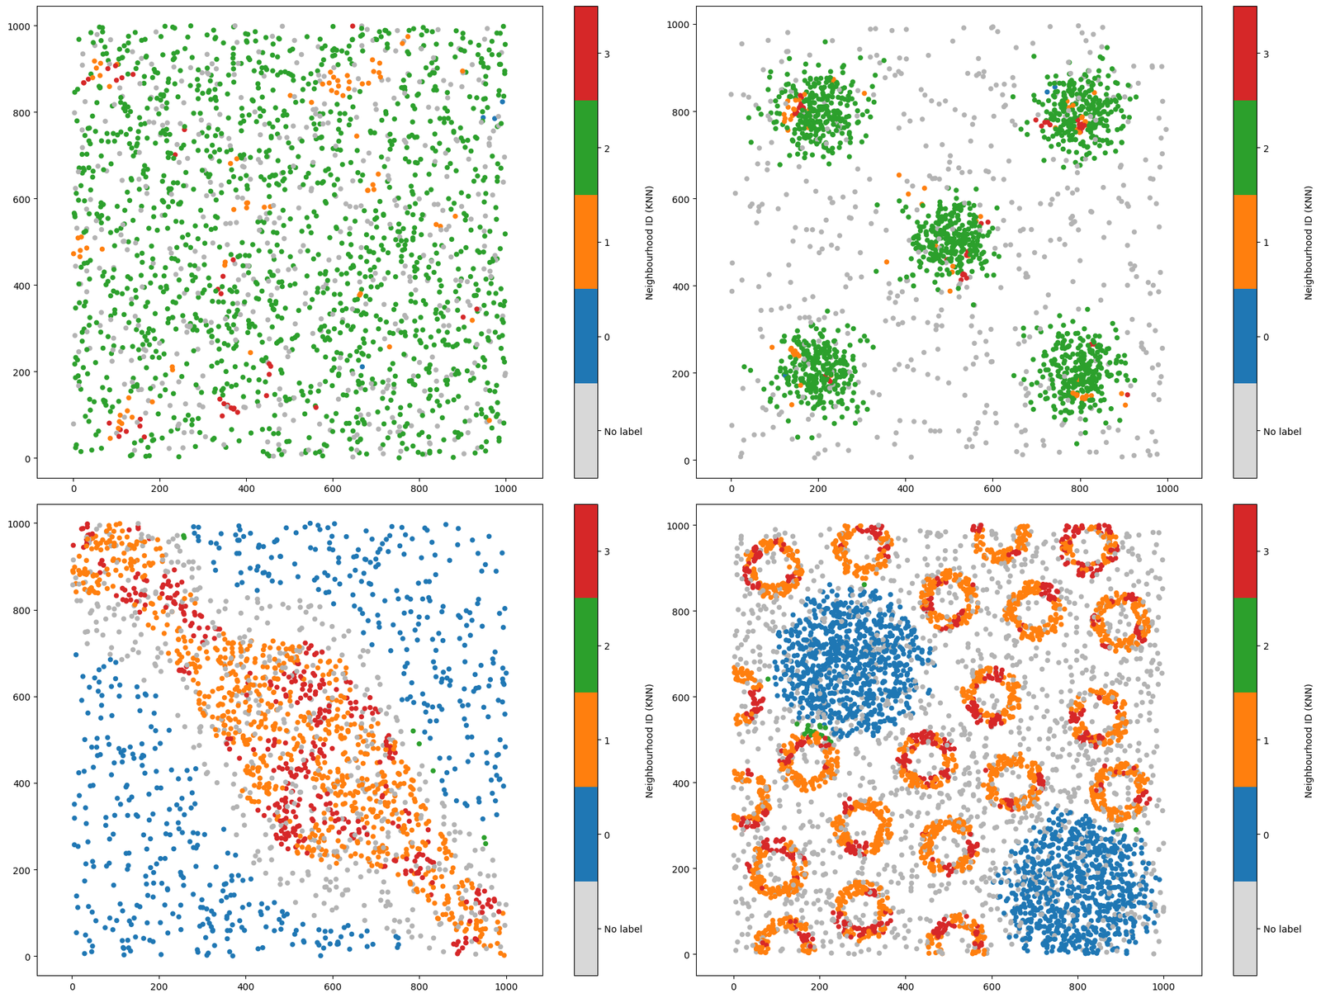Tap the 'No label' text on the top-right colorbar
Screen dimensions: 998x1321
pos(1282,432)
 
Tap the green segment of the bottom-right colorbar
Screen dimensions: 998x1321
pos(1244,645)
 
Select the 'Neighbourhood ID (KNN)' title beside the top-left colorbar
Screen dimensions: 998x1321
pos(650,242)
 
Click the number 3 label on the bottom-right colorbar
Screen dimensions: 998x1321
pos(1267,551)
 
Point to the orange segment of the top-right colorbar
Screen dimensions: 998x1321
pos(1244,242)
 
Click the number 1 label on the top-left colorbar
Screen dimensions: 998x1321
pos(607,243)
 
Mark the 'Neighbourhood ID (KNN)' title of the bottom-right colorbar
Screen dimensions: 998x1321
pos(1309,740)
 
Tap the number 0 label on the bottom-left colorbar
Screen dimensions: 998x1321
pos(607,835)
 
